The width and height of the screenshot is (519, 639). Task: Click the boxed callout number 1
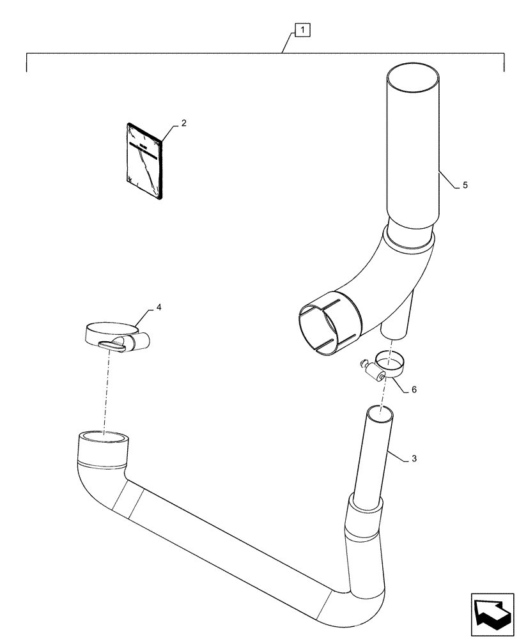tap(302, 29)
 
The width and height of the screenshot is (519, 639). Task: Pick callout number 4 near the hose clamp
tap(159, 308)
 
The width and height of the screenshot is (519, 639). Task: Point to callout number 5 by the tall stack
tap(465, 185)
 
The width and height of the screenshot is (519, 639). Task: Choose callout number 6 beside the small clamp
tap(414, 389)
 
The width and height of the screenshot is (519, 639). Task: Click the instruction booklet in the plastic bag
tap(145, 160)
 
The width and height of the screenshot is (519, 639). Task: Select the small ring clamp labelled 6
tap(390, 363)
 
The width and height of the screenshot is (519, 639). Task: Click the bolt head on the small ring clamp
tap(366, 364)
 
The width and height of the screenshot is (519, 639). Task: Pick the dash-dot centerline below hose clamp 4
tap(107, 390)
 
